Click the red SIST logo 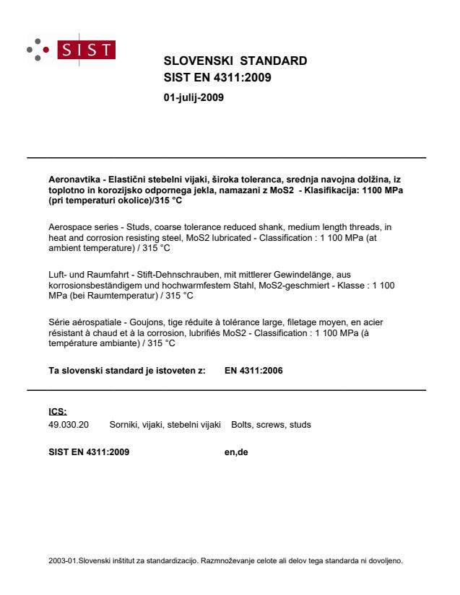pyautogui.click(x=92, y=50)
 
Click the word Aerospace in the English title pyautogui.click(x=66, y=226)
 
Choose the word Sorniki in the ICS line pyautogui.click(x=124, y=425)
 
